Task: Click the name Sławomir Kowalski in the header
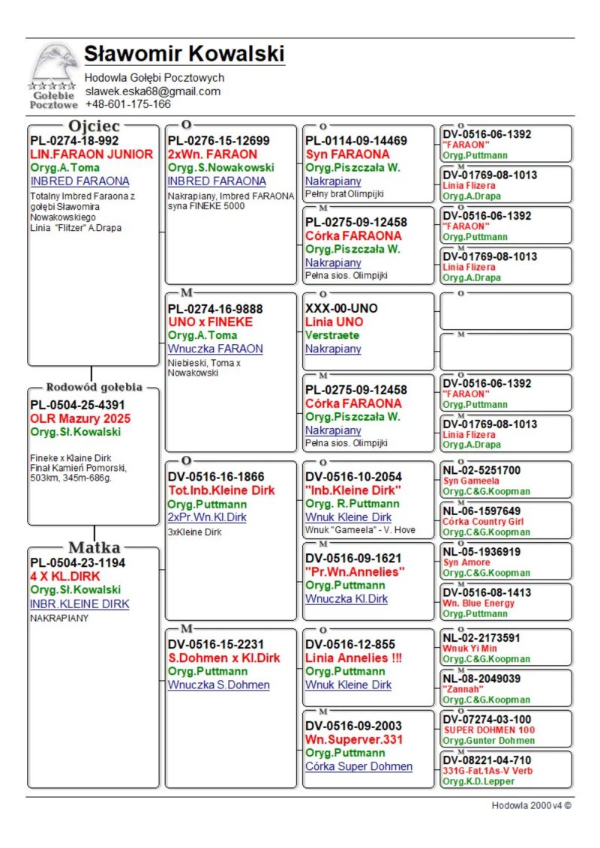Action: pyautogui.click(x=184, y=55)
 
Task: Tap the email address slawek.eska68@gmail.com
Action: pyautogui.click(x=152, y=91)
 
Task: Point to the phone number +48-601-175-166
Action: pyautogui.click(x=127, y=104)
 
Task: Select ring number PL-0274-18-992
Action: pyautogui.click(x=74, y=140)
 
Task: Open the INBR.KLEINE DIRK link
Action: pyautogui.click(x=79, y=604)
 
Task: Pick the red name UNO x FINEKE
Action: pyautogui.click(x=210, y=322)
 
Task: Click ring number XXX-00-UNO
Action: pyautogui.click(x=341, y=308)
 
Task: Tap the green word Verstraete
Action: pyautogui.click(x=332, y=335)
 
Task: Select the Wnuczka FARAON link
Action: pyautogui.click(x=215, y=349)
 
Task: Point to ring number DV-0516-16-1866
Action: pyautogui.click(x=216, y=476)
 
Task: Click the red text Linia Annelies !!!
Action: pyautogui.click(x=354, y=658)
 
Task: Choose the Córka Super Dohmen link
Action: pyautogui.click(x=358, y=766)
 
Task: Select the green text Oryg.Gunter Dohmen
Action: pyautogui.click(x=489, y=741)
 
